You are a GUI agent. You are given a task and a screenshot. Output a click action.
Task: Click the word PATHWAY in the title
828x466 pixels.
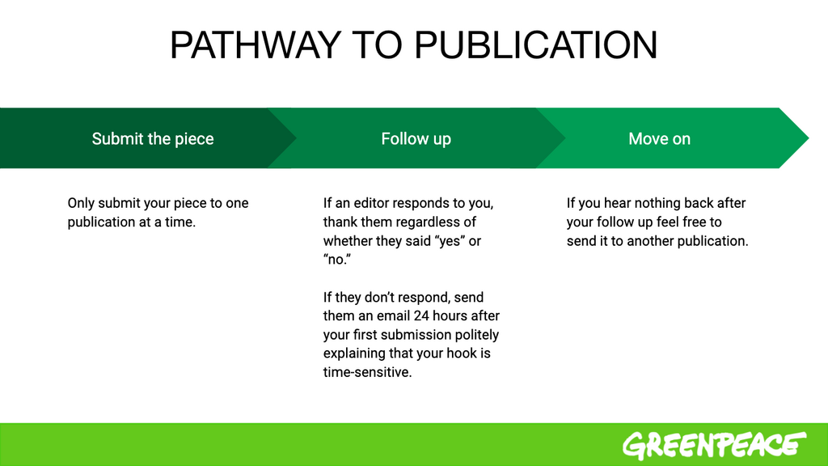coord(256,45)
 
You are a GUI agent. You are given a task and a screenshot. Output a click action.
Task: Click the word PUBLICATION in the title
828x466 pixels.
coord(535,45)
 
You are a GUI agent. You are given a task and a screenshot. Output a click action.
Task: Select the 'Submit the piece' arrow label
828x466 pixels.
coord(153,139)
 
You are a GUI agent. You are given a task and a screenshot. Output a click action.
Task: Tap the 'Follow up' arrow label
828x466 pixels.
coord(416,139)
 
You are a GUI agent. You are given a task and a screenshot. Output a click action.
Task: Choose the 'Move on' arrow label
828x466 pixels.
coord(660,139)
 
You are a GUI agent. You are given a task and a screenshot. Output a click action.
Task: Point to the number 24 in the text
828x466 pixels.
coord(421,316)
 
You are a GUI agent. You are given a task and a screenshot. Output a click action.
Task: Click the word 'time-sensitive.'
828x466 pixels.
coord(368,372)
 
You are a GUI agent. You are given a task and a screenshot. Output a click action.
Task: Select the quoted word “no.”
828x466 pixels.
coord(337,260)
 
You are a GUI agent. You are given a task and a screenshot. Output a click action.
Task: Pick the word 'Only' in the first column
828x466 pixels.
coord(81,203)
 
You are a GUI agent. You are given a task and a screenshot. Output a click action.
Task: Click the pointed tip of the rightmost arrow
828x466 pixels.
coord(808,138)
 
